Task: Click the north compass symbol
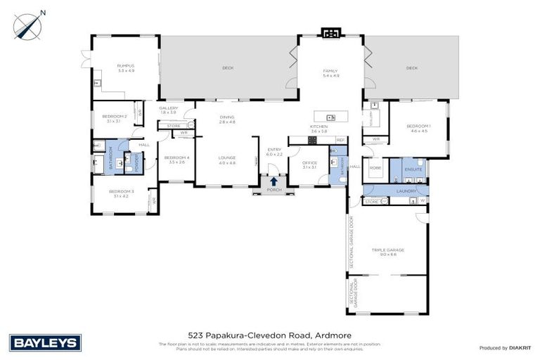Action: [x=28, y=25]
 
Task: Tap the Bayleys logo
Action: [x=46, y=342]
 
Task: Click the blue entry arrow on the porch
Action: [x=274, y=181]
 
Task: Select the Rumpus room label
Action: [x=126, y=67]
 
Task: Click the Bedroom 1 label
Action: [x=418, y=127]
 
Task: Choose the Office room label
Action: [x=309, y=165]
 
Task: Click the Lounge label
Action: [x=227, y=159]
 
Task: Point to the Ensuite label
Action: [x=413, y=169]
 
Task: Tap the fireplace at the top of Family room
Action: [x=330, y=32]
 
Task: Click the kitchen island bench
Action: [x=327, y=116]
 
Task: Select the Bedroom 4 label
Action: [x=176, y=159]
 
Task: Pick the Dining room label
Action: [x=226, y=119]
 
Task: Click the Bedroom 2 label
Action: [x=114, y=117]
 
